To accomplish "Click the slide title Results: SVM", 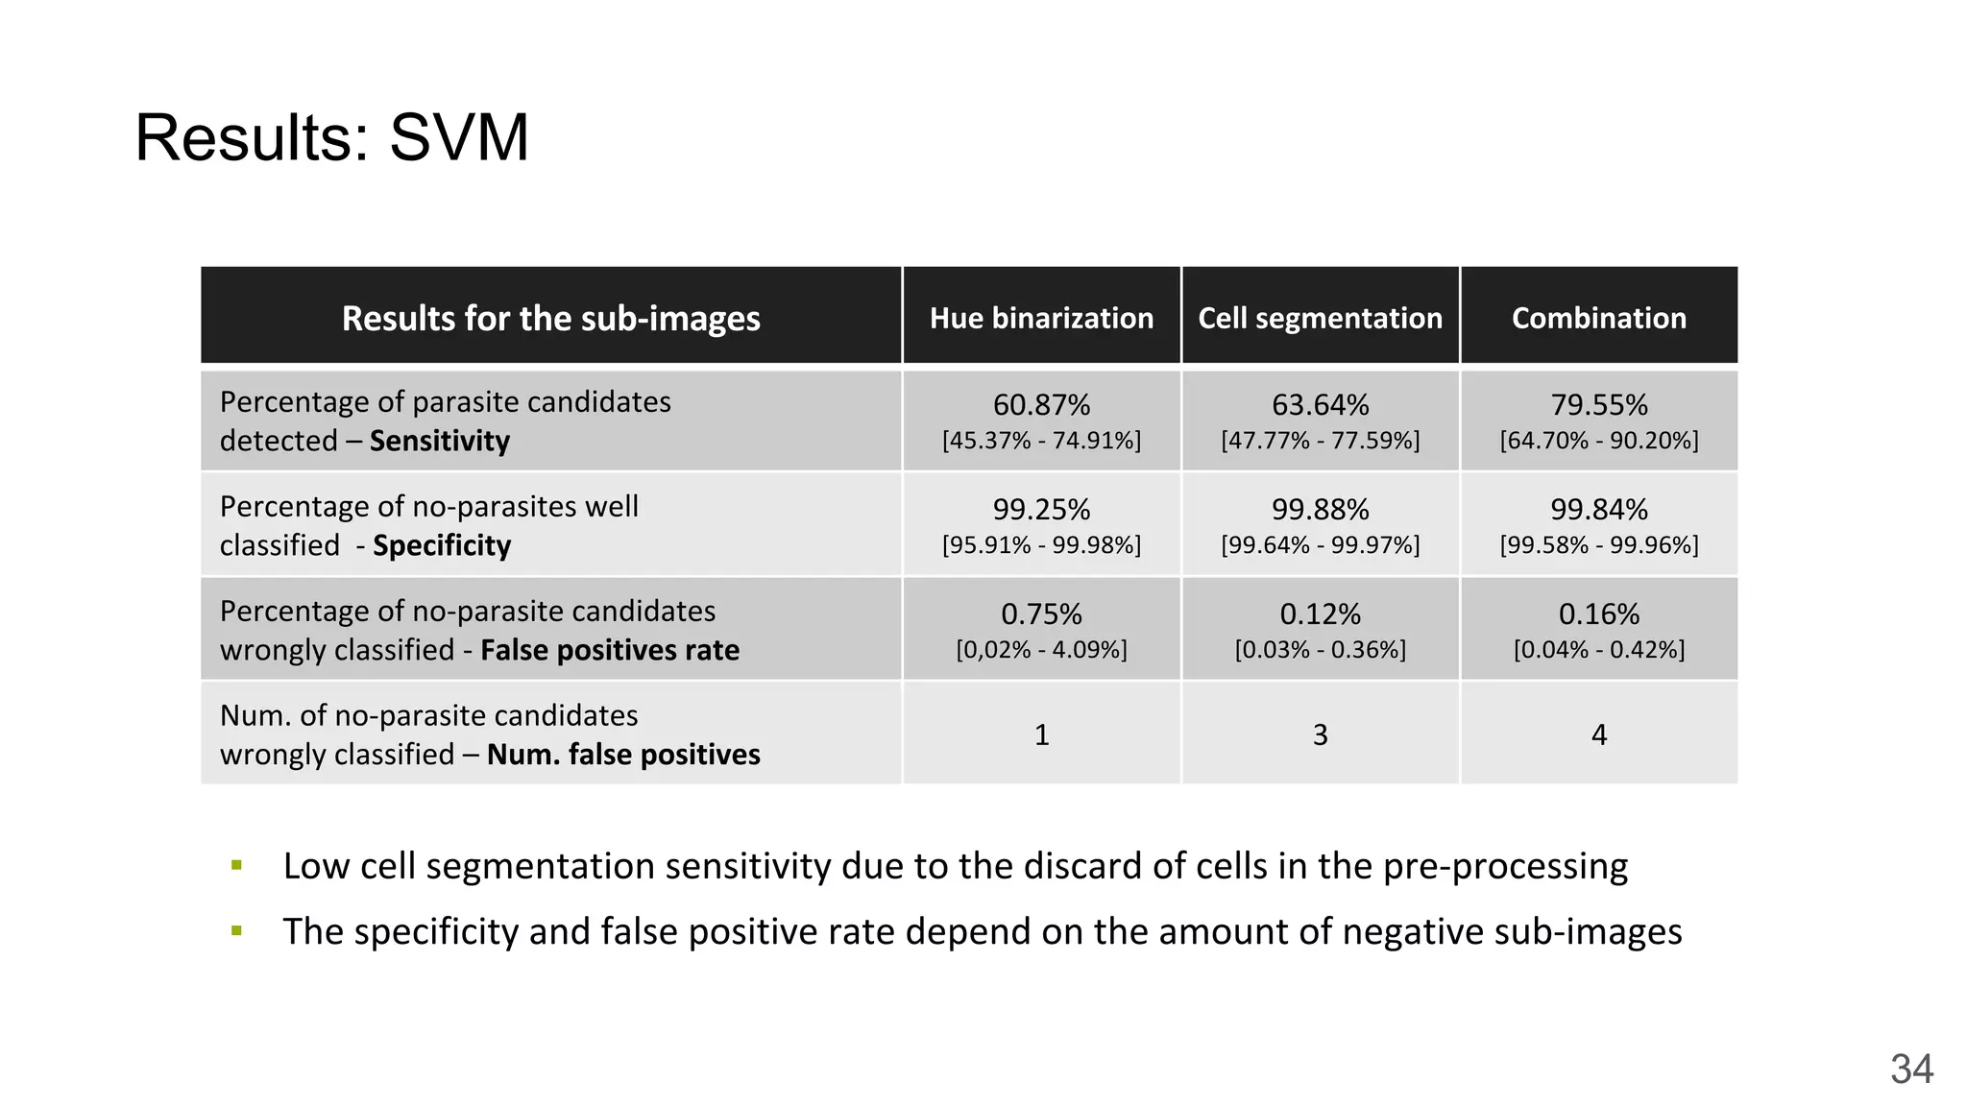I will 331,137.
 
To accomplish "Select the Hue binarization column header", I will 1041,318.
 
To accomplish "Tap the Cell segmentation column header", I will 1320,318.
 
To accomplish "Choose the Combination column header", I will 1598,318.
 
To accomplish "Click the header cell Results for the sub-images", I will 550,318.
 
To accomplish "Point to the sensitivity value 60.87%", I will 1041,405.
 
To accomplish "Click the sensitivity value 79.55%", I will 1598,405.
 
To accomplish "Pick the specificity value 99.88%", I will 1320,509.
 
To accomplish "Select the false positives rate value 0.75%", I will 1041,613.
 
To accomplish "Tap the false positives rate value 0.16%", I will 1598,613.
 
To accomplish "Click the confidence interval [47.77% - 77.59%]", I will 1320,441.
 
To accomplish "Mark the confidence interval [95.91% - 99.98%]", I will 1041,545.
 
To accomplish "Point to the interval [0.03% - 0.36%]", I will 1320,650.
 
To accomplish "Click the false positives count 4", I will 1598,734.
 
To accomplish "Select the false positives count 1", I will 1041,734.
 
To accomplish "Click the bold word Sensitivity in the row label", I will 439,441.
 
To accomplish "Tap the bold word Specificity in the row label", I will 442,545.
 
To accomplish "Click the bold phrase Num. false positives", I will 623,755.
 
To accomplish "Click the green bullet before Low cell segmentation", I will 236,866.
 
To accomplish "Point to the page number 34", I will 1911,1069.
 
